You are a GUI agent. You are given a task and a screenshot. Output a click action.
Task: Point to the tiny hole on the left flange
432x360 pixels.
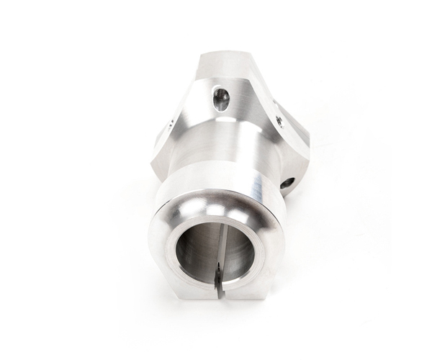(x=168, y=123)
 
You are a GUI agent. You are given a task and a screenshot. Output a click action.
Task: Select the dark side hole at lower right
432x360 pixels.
(x=287, y=183)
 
